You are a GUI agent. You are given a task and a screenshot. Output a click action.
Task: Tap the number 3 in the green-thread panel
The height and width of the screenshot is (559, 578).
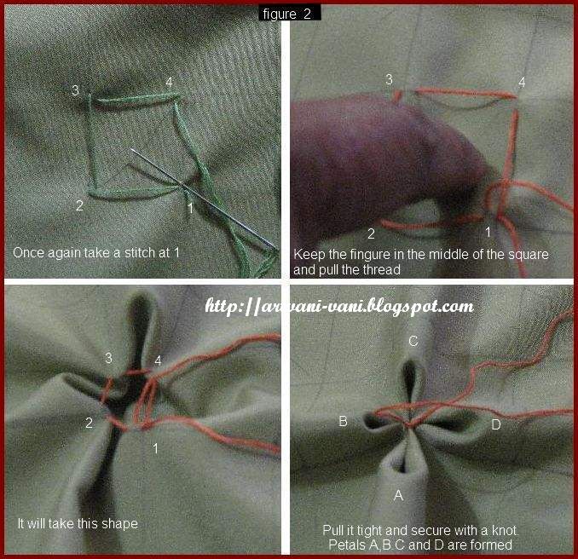pos(76,90)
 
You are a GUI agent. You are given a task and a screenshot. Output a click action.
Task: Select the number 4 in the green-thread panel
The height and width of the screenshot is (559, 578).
pos(169,82)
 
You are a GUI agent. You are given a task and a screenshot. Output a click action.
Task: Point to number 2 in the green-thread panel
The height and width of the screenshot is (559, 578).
pos(78,205)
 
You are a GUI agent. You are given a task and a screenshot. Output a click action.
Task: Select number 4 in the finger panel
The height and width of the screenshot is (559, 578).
pos(522,83)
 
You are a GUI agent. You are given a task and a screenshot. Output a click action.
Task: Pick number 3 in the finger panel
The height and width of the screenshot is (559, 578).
pos(389,79)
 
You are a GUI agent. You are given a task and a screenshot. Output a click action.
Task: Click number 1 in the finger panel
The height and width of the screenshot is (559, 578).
pos(488,231)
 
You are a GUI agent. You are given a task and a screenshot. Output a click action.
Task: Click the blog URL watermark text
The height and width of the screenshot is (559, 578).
pos(338,305)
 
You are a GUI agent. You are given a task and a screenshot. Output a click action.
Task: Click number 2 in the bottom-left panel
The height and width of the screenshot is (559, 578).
pos(88,424)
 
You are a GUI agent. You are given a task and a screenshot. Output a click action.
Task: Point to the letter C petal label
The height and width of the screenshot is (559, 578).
pos(413,341)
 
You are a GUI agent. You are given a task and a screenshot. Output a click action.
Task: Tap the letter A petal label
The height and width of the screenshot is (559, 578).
pos(397,495)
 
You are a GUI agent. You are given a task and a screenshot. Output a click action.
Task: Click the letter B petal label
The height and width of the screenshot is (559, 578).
pos(342,421)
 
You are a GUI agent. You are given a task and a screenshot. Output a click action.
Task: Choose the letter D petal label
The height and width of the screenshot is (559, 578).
pos(496,424)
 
